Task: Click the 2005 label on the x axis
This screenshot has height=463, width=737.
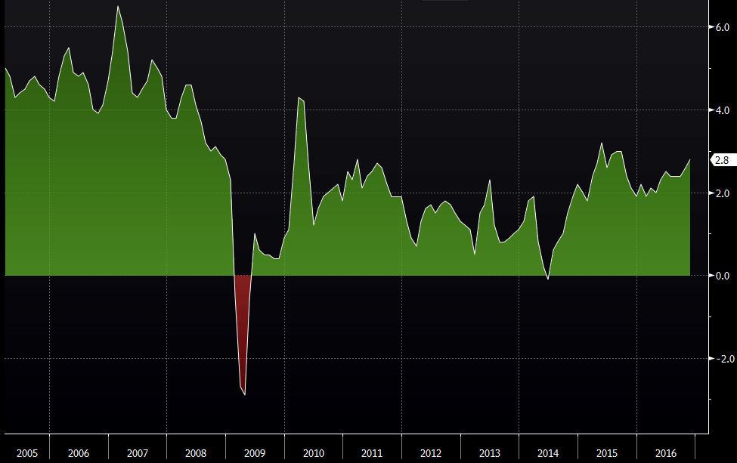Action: (x=26, y=453)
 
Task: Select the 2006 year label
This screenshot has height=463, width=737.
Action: (x=79, y=453)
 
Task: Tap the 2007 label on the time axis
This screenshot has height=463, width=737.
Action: (x=138, y=453)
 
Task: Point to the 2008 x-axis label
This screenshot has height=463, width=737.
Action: (x=196, y=453)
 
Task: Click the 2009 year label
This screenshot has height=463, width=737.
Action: (x=255, y=453)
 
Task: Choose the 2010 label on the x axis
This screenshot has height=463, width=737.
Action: (x=313, y=453)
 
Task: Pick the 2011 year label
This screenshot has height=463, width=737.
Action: (x=372, y=453)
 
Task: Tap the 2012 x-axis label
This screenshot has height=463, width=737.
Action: (x=431, y=453)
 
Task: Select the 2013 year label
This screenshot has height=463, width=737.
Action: (x=489, y=453)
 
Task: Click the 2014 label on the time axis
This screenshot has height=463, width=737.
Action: (x=548, y=453)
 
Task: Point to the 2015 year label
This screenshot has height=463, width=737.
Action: (x=606, y=453)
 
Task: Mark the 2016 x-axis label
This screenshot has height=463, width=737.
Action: (x=665, y=453)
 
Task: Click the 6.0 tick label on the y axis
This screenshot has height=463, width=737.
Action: (x=721, y=27)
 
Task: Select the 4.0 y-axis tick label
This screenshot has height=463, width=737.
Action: (x=721, y=110)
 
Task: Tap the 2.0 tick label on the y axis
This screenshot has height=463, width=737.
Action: (x=721, y=193)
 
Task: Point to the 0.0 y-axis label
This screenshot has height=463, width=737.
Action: (x=721, y=276)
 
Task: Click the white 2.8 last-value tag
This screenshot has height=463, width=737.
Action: (x=721, y=160)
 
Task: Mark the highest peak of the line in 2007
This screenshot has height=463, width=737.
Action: (x=118, y=7)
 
